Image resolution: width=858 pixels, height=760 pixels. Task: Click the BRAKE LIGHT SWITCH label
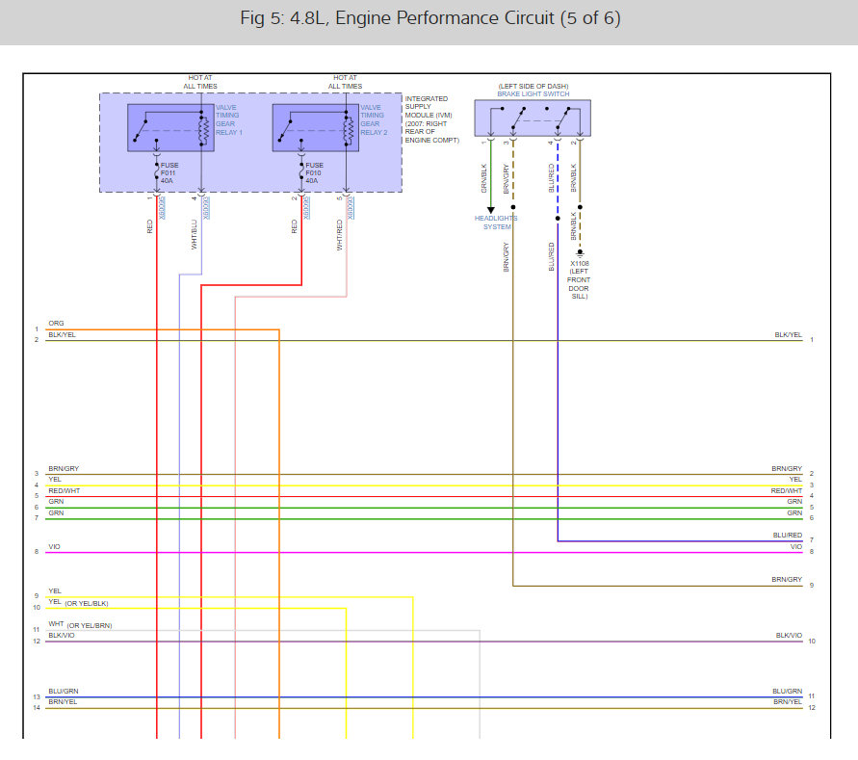(533, 93)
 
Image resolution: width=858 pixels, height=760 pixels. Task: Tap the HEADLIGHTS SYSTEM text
(496, 223)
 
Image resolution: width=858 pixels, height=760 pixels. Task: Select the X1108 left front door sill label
(579, 278)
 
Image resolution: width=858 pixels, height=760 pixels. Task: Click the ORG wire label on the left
(56, 324)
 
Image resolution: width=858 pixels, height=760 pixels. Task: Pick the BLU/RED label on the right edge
(787, 536)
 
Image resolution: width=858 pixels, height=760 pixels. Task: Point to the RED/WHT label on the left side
(64, 490)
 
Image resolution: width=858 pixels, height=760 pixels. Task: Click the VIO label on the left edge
(54, 547)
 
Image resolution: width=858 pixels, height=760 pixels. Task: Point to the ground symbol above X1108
(579, 253)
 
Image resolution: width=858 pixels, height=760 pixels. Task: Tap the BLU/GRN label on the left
(64, 692)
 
